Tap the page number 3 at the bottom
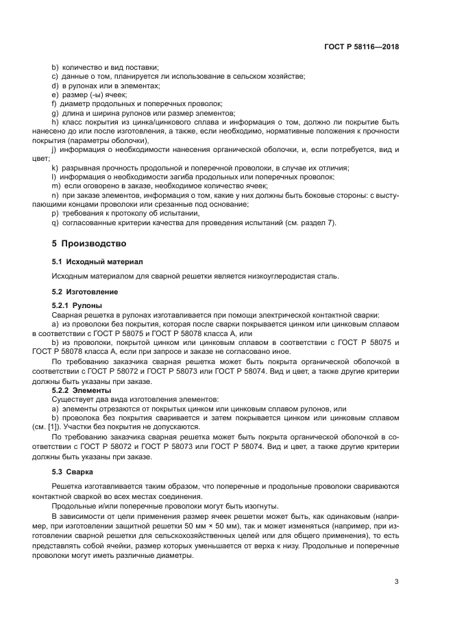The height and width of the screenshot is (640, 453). click(396, 583)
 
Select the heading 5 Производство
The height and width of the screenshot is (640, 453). click(89, 244)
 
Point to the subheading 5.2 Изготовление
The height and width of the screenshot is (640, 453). click(85, 292)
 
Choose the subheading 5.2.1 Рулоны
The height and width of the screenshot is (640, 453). click(77, 305)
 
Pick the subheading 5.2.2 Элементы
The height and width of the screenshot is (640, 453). click(82, 389)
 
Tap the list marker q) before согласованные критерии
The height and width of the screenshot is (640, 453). click(56, 222)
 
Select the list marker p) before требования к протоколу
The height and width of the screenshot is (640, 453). click(56, 214)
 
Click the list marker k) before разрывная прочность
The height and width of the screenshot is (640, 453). click(55, 168)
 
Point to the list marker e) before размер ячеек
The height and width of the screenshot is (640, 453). click(56, 94)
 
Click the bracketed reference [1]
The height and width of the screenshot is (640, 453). click(70, 425)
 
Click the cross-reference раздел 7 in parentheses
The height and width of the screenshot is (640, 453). click(319, 222)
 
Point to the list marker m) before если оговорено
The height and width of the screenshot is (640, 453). click(56, 186)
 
